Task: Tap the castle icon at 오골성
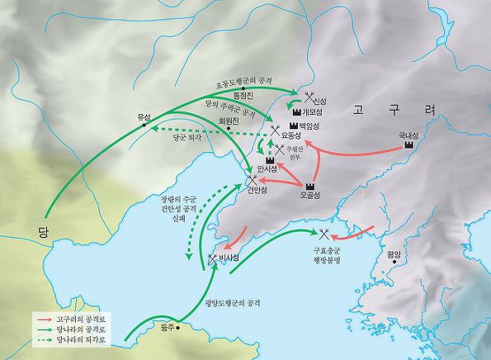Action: click(312, 186)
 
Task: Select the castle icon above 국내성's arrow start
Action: click(408, 144)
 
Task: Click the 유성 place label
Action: click(144, 117)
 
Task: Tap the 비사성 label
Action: click(229, 258)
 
